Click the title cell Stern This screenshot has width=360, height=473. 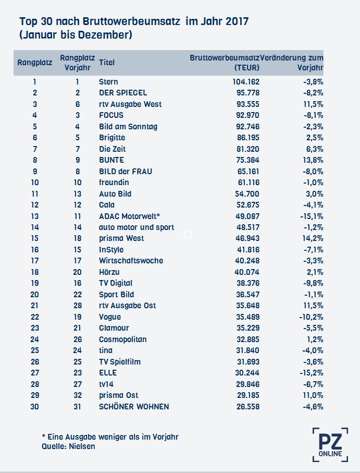click(x=108, y=82)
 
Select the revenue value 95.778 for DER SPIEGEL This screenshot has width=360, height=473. click(x=248, y=93)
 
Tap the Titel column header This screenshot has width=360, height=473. click(x=107, y=63)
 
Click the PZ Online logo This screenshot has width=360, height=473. click(x=330, y=445)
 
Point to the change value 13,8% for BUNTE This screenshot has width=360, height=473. click(x=313, y=160)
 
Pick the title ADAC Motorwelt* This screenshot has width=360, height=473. click(x=130, y=216)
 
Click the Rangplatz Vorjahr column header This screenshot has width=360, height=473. click(x=78, y=63)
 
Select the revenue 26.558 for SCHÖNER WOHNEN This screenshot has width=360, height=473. click(x=248, y=407)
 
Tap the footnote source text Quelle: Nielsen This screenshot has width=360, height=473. click(x=68, y=446)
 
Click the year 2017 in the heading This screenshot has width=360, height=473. click(x=237, y=21)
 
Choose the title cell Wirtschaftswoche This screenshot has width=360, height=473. click(x=131, y=261)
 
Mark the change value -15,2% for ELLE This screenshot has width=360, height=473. click(x=312, y=373)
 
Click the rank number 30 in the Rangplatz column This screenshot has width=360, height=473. click(x=34, y=407)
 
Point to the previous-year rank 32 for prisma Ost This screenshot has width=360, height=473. click(x=78, y=395)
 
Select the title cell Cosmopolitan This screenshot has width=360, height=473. click(x=123, y=339)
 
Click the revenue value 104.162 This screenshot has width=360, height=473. click(x=246, y=82)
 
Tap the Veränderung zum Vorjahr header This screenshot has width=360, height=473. click(x=292, y=63)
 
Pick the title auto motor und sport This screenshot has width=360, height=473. click(x=136, y=227)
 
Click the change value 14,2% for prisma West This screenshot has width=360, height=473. click(x=313, y=238)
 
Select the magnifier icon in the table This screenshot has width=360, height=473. click(x=188, y=235)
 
